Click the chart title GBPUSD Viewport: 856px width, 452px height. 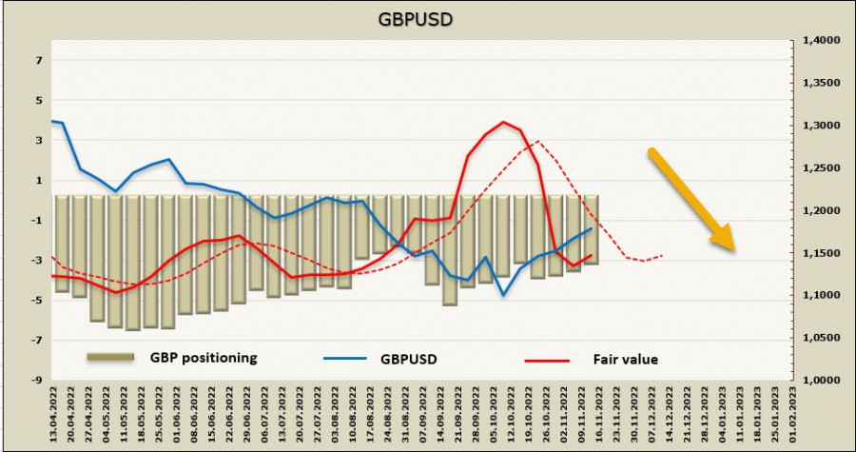coord(428,18)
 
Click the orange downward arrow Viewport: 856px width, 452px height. coord(691,200)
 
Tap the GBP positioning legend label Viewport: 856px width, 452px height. coord(203,358)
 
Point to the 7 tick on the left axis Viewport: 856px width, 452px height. coord(39,60)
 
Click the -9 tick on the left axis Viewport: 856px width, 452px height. coord(37,380)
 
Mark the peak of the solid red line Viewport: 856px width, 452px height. coord(503,122)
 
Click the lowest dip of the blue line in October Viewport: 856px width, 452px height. coord(503,295)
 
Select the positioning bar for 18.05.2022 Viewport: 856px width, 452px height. coord(133,263)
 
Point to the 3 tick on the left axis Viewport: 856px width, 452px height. coord(39,140)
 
